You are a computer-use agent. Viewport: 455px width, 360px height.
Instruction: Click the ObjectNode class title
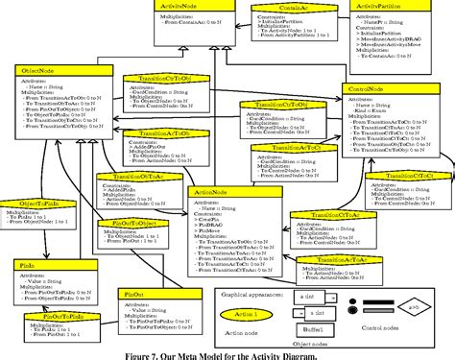coord(37,71)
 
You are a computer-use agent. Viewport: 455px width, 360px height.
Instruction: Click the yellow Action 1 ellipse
coord(248,313)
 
